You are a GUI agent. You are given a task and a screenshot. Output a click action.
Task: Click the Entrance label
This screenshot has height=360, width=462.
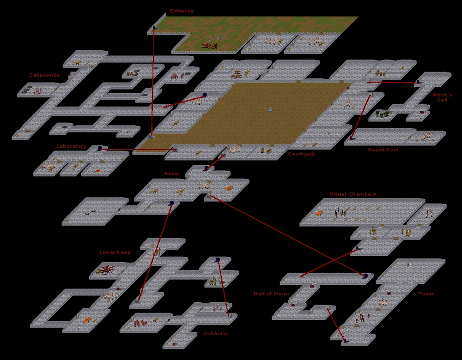[182, 11]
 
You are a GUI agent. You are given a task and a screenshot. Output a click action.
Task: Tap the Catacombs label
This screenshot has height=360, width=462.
[44, 75]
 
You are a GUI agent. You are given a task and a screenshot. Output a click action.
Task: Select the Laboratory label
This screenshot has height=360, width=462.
[71, 146]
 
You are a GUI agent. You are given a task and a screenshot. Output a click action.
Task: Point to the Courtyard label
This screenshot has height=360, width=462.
[301, 154]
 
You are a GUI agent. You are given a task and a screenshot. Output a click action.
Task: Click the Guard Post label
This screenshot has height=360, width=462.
[383, 150]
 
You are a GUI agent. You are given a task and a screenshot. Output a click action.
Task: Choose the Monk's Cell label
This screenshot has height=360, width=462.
[442, 97]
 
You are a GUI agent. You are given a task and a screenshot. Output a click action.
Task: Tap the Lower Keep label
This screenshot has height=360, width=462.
[115, 252]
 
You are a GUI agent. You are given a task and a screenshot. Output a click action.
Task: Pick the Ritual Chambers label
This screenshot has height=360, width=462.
[353, 194]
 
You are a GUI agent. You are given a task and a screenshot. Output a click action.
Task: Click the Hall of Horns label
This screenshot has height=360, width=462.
[272, 294]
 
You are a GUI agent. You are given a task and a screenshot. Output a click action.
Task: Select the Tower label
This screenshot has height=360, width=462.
[426, 294]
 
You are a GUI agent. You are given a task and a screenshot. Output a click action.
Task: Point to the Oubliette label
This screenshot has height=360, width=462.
[216, 334]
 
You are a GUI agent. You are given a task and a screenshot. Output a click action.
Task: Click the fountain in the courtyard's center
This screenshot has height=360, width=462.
[270, 109]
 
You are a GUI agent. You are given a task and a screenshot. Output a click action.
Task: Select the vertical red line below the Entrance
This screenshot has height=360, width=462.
[153, 83]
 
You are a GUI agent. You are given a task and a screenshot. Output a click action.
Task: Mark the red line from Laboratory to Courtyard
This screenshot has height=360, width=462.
[139, 150]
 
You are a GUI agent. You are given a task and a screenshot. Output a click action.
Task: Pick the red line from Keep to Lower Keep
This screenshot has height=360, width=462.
[155, 252]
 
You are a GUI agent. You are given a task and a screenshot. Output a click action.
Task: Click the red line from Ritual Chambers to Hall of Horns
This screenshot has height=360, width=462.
[329, 263]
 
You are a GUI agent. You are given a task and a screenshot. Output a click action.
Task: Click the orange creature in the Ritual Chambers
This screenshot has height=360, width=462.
[319, 213]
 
